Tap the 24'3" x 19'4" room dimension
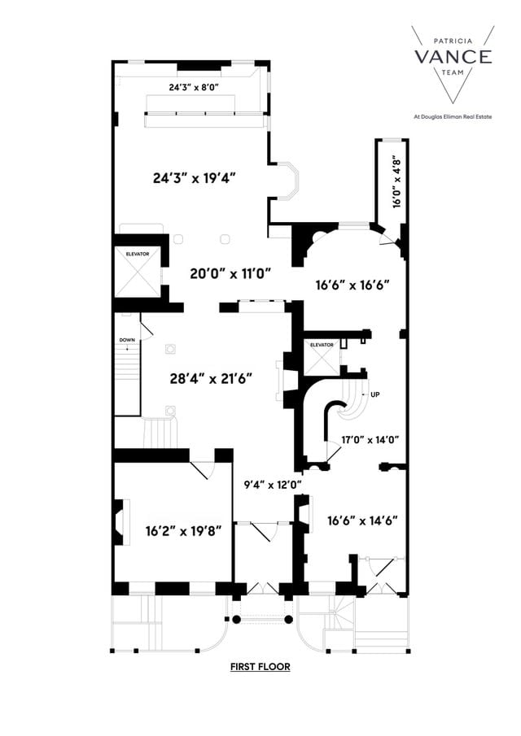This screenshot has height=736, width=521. coord(195,178)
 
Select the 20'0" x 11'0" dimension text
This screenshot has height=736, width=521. coord(230,274)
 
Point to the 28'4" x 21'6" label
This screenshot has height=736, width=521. coord(212,378)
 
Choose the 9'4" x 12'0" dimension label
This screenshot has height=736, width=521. coord(274,485)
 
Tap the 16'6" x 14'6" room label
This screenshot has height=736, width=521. coord(362,520)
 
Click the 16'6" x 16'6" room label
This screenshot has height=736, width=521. coord(353,285)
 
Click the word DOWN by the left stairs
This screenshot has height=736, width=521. coord(127,340)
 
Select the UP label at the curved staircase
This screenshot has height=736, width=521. coord(375,394)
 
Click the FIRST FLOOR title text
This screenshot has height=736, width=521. coord(260,667)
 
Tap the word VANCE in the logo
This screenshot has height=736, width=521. coord(453,56)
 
